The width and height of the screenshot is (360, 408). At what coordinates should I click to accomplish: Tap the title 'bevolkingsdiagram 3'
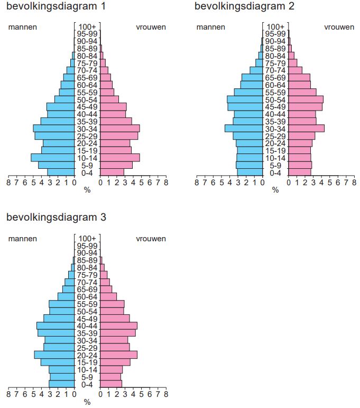click(x=57, y=217)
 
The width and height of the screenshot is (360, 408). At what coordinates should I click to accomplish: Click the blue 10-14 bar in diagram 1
click(x=53, y=158)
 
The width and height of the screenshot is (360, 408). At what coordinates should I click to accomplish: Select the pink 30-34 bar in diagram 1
click(x=120, y=129)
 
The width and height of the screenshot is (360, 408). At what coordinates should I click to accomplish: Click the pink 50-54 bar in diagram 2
click(x=306, y=99)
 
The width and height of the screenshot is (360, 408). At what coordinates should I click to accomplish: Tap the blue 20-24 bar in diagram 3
click(x=54, y=355)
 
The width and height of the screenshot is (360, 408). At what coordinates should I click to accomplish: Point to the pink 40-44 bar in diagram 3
click(x=119, y=325)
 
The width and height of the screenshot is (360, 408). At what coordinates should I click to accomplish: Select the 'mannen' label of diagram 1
click(x=22, y=27)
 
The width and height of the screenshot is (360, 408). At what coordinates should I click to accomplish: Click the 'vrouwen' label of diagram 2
click(x=339, y=27)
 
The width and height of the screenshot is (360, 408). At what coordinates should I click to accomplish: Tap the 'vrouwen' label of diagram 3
click(x=151, y=239)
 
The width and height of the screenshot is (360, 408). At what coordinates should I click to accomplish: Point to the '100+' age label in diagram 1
click(x=87, y=27)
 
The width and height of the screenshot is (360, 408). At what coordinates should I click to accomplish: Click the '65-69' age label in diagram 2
click(x=275, y=78)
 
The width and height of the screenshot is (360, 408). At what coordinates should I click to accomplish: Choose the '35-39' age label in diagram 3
click(x=87, y=333)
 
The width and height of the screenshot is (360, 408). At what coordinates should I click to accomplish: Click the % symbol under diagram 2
click(x=275, y=190)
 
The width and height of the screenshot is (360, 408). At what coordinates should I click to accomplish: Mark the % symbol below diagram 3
click(x=87, y=402)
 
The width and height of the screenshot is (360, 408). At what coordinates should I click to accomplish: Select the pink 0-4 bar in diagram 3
click(x=111, y=384)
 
